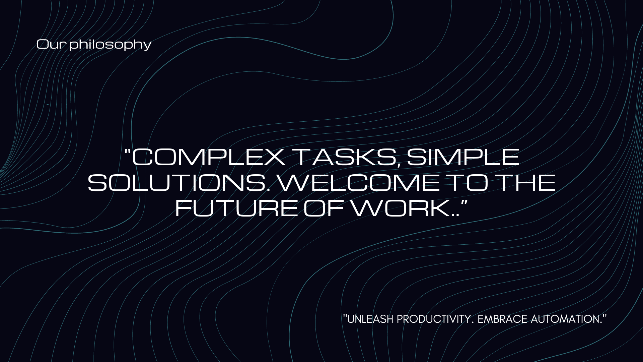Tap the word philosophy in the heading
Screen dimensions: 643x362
pyautogui.click(x=111, y=45)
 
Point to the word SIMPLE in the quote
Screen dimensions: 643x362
pyautogui.click(x=462, y=157)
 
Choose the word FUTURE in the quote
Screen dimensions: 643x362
pyautogui.click(x=236, y=208)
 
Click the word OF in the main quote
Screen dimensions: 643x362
pyautogui.click(x=324, y=208)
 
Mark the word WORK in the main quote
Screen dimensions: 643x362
pyautogui.click(x=401, y=208)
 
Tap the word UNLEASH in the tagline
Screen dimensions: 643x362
pyautogui.click(x=370, y=319)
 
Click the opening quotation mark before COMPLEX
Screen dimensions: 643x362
pyautogui.click(x=128, y=151)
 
